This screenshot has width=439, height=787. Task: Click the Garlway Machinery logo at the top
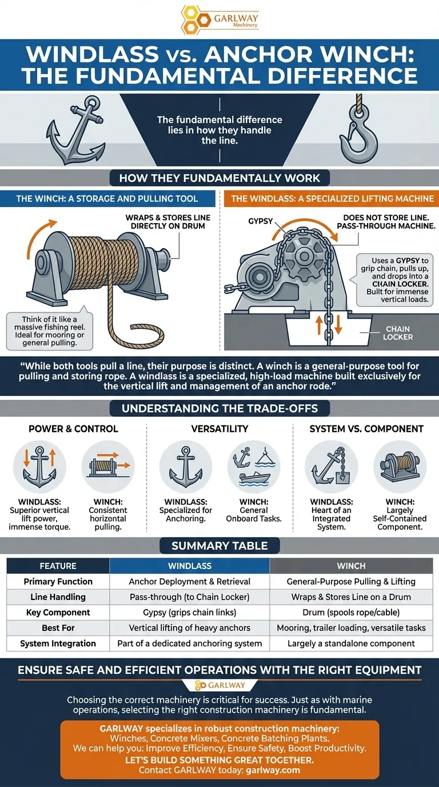pyautogui.click(x=220, y=20)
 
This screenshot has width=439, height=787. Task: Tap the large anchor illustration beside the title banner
pyautogui.click(x=76, y=131)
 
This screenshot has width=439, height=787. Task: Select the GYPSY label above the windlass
pyautogui.click(x=260, y=221)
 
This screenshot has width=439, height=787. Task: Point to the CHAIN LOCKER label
pyautogui.click(x=398, y=333)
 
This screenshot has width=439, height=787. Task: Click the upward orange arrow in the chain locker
pyautogui.click(x=319, y=325)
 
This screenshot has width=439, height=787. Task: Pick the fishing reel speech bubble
pyautogui.click(x=50, y=331)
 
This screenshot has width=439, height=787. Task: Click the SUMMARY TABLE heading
pyautogui.click(x=219, y=546)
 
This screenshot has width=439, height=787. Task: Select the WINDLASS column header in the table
pyautogui.click(x=190, y=566)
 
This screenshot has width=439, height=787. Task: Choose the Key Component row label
pyautogui.click(x=58, y=613)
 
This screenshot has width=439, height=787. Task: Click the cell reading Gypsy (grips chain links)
pyautogui.click(x=190, y=613)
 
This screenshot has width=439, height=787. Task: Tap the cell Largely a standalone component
pyautogui.click(x=351, y=643)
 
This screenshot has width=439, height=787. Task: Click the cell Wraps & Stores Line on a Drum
pyautogui.click(x=351, y=597)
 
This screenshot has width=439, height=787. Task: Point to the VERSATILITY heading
pyautogui.click(x=220, y=428)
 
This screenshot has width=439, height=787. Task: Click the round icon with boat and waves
pyautogui.click(x=254, y=467)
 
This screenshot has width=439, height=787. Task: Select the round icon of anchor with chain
pyautogui.click(x=331, y=467)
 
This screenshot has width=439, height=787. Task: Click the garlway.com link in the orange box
pyautogui.click(x=273, y=770)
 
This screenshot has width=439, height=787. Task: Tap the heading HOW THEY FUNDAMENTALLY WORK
pyautogui.click(x=219, y=178)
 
